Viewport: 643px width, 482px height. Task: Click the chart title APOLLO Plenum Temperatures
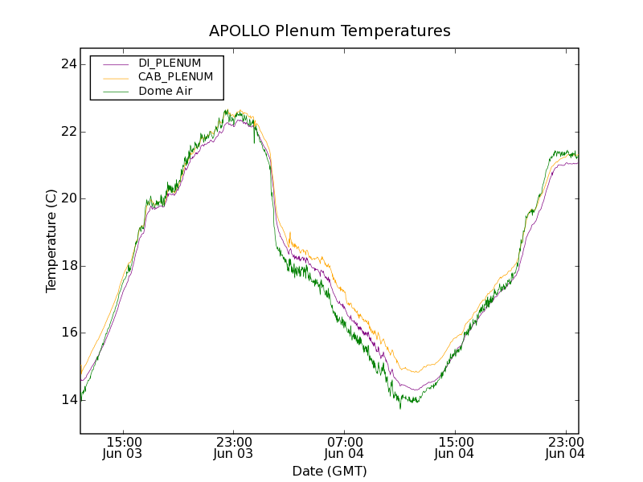[x=330, y=31]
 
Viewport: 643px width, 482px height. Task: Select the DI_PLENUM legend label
[x=170, y=63]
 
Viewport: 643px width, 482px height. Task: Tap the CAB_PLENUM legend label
[x=175, y=77]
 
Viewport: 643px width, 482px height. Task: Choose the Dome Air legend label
[x=165, y=92]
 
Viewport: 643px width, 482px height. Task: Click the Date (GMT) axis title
[x=330, y=471]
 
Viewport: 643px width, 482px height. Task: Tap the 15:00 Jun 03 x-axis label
[x=124, y=447]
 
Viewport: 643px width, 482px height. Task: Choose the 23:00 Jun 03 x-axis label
[x=234, y=447]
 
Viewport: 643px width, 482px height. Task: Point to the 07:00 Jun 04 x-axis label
[x=345, y=447]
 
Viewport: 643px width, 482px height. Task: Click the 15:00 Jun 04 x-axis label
[x=455, y=447]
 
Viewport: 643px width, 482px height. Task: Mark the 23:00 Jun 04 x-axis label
[x=565, y=447]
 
